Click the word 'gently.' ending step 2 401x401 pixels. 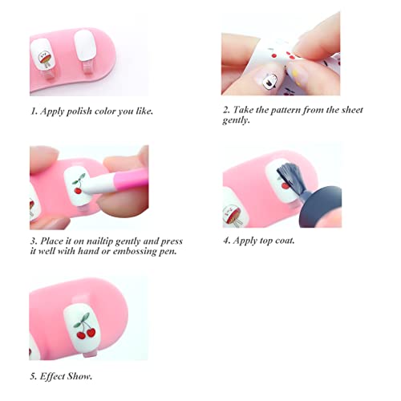click(x=239, y=119)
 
